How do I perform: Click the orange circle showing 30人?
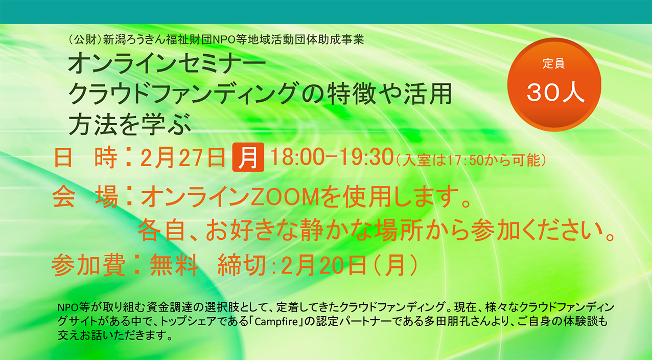554,84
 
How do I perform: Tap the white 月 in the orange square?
248,157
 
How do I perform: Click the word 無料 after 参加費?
174,265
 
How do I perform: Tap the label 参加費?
88,265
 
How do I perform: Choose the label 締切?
242,265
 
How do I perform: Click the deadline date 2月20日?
323,265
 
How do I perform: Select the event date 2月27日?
183,157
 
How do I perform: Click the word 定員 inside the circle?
553,63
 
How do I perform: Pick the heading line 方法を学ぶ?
130,125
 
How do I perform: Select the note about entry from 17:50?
471,160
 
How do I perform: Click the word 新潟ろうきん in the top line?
134,39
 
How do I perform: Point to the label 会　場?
85,197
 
